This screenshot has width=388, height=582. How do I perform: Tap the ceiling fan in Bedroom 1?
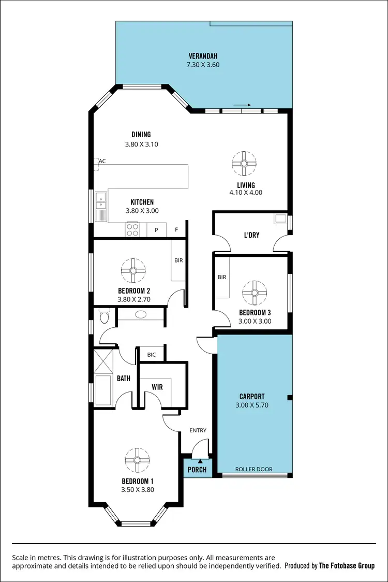137,460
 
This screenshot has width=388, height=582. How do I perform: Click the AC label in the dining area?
102,161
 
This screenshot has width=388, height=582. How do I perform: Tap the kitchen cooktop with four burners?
132,229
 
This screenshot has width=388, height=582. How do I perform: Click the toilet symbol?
105,315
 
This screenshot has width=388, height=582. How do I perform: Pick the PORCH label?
197,470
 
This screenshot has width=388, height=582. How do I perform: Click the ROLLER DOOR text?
253,470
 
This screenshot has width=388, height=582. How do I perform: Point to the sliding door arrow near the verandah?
242,105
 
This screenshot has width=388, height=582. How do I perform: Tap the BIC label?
152,355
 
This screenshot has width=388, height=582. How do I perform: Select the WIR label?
157,387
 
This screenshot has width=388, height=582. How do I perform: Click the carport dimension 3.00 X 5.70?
252,405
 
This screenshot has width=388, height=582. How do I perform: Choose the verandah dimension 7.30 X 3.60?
203,65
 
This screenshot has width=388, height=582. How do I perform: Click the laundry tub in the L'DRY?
280,219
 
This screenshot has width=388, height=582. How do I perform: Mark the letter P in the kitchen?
156,230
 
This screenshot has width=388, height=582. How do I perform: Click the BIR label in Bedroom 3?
222,278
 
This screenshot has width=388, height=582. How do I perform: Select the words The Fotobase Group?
347,566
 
